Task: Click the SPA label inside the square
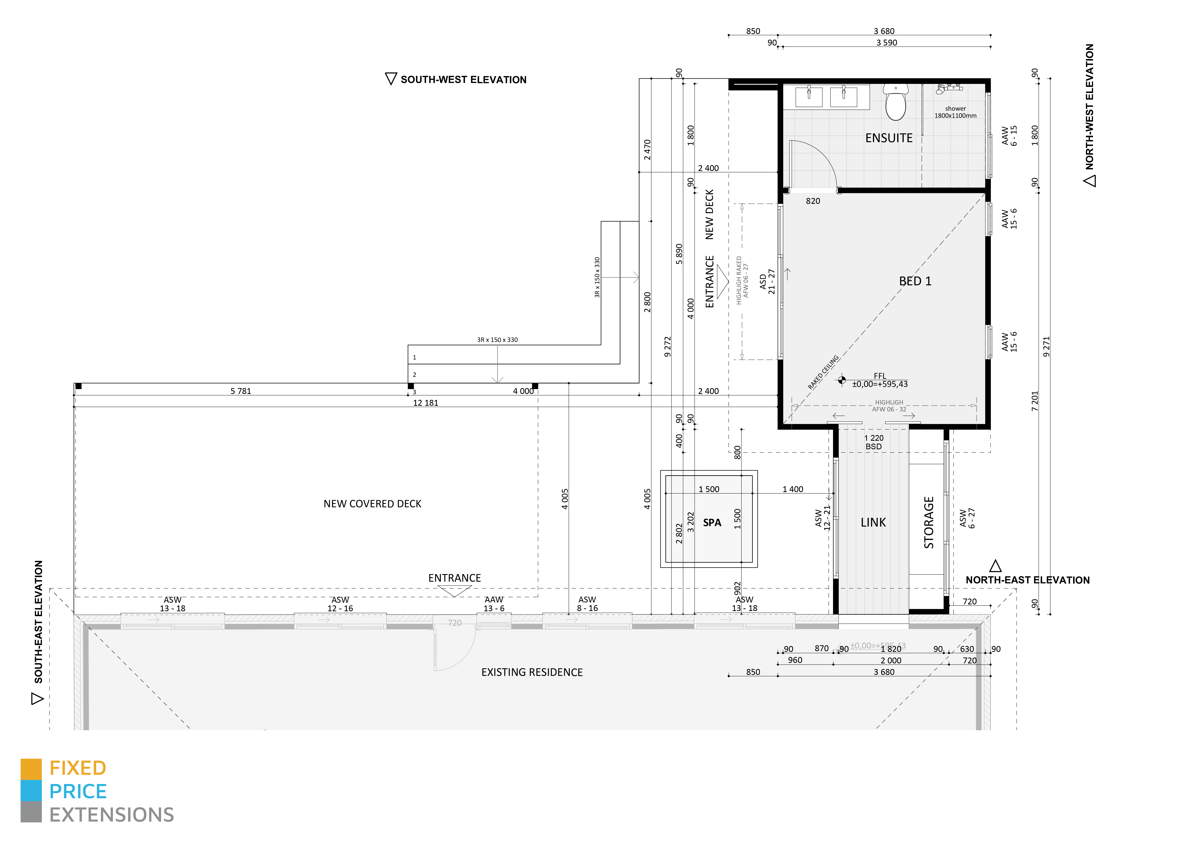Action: [712, 523]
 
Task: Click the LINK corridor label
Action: [873, 523]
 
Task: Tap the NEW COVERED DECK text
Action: [372, 504]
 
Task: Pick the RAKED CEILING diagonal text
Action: [823, 372]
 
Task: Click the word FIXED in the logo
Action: [78, 768]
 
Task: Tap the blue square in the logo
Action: [31, 791]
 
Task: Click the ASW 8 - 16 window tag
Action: [587, 604]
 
